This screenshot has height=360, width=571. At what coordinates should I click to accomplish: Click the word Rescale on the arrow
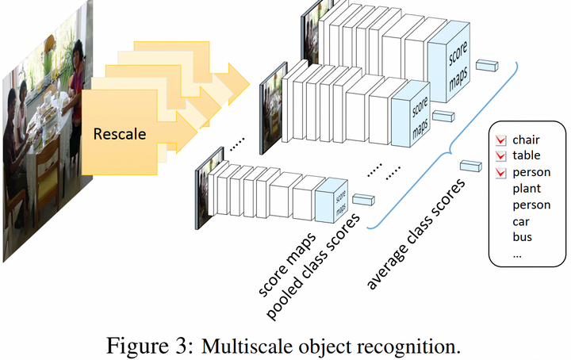tap(120, 134)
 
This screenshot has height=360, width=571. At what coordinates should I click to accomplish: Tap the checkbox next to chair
tap(500, 140)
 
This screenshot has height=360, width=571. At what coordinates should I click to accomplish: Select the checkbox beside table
tap(500, 155)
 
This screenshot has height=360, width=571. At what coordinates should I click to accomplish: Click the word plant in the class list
tap(527, 189)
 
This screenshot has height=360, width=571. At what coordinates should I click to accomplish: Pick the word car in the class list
tap(521, 221)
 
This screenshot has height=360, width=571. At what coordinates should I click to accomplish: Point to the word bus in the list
tap(522, 236)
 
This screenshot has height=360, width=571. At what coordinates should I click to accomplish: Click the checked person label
tap(531, 172)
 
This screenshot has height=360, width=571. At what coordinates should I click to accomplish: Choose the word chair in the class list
tap(526, 140)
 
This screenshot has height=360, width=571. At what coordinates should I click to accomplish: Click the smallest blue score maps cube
tap(331, 200)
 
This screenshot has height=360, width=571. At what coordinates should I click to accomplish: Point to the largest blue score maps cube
tap(449, 62)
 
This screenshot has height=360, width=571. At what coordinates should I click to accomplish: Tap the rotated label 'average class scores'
tap(416, 234)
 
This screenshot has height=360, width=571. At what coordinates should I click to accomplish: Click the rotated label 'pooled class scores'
tap(313, 266)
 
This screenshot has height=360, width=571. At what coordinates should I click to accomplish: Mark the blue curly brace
tap(450, 147)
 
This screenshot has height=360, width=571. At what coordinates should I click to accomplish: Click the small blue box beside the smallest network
tap(363, 199)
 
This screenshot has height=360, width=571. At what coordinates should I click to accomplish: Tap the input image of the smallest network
tap(209, 188)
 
